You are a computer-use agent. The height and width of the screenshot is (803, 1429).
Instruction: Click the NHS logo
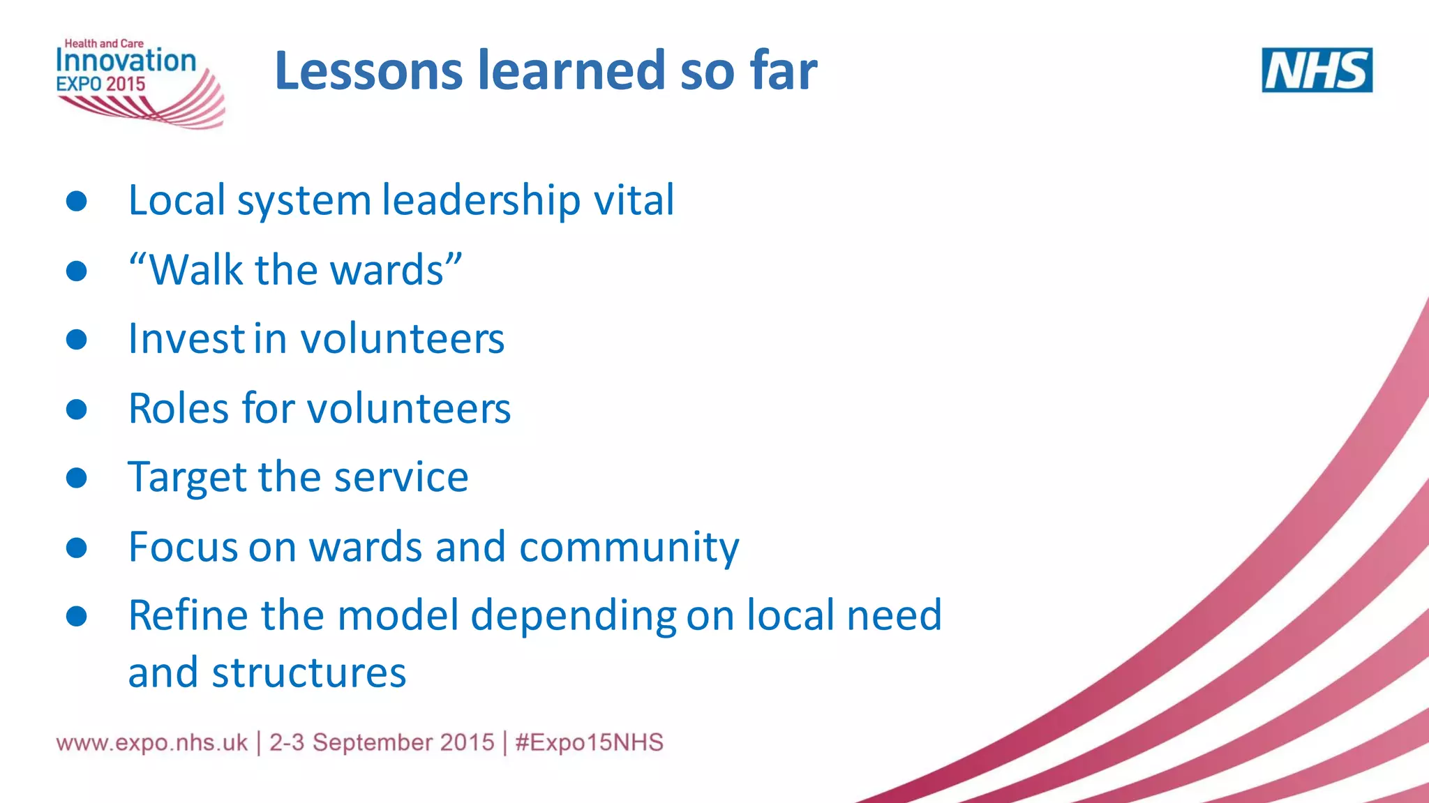click(1317, 70)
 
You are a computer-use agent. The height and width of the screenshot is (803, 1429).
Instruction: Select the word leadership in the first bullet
click(481, 200)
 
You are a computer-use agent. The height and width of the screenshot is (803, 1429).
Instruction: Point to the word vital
click(634, 200)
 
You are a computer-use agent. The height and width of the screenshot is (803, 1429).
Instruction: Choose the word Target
click(187, 479)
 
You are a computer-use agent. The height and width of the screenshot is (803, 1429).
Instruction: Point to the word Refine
click(188, 615)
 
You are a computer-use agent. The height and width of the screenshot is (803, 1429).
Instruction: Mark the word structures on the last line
click(308, 673)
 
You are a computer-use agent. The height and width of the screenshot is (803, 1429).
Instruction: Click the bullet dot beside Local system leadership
click(76, 202)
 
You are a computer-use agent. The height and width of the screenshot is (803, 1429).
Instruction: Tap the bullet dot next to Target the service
click(76, 478)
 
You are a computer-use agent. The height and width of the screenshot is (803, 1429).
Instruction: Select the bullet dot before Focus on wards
click(76, 548)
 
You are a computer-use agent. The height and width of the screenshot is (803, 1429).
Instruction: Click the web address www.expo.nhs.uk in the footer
click(152, 742)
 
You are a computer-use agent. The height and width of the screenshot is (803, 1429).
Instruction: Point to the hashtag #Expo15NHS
click(590, 742)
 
